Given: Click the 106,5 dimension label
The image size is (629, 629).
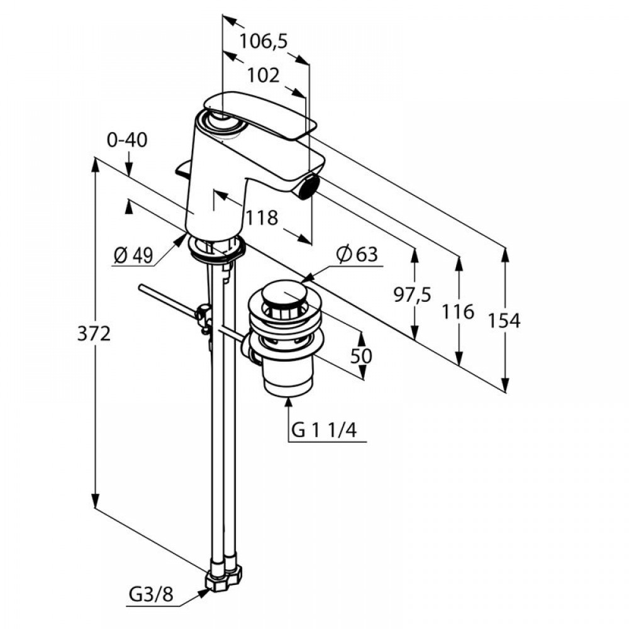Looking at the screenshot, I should (x=263, y=42).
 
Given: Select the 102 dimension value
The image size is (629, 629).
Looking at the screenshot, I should (x=263, y=75).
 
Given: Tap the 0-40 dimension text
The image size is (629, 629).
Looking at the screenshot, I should (x=127, y=140).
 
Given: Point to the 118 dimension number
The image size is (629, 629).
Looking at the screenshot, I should (x=262, y=218).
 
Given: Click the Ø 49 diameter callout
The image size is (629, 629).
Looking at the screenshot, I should (x=133, y=255).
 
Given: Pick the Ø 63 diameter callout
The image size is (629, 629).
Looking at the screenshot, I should (x=357, y=255).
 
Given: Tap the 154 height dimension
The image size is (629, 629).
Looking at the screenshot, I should (x=504, y=321).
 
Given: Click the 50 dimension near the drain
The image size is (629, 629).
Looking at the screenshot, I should (x=362, y=355).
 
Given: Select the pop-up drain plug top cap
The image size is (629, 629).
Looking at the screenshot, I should (x=285, y=296).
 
